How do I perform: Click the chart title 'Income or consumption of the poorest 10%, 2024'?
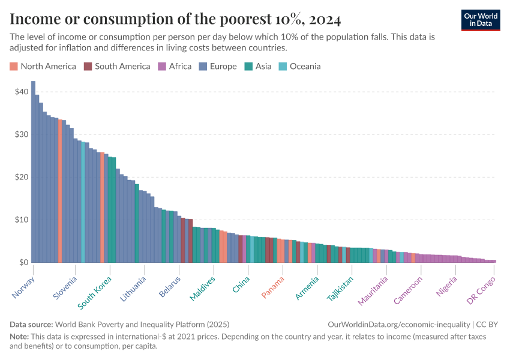pos(175,19)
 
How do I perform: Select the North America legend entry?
pos(43,66)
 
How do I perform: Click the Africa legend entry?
pos(175,66)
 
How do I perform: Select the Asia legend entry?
pos(258,66)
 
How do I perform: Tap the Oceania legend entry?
pos(300,66)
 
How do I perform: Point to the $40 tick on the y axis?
pos(22,92)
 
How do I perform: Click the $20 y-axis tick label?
pos(22,177)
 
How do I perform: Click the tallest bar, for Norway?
pos(33,174)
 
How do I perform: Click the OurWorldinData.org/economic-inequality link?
pos(399,324)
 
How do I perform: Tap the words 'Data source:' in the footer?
pos(31,324)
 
